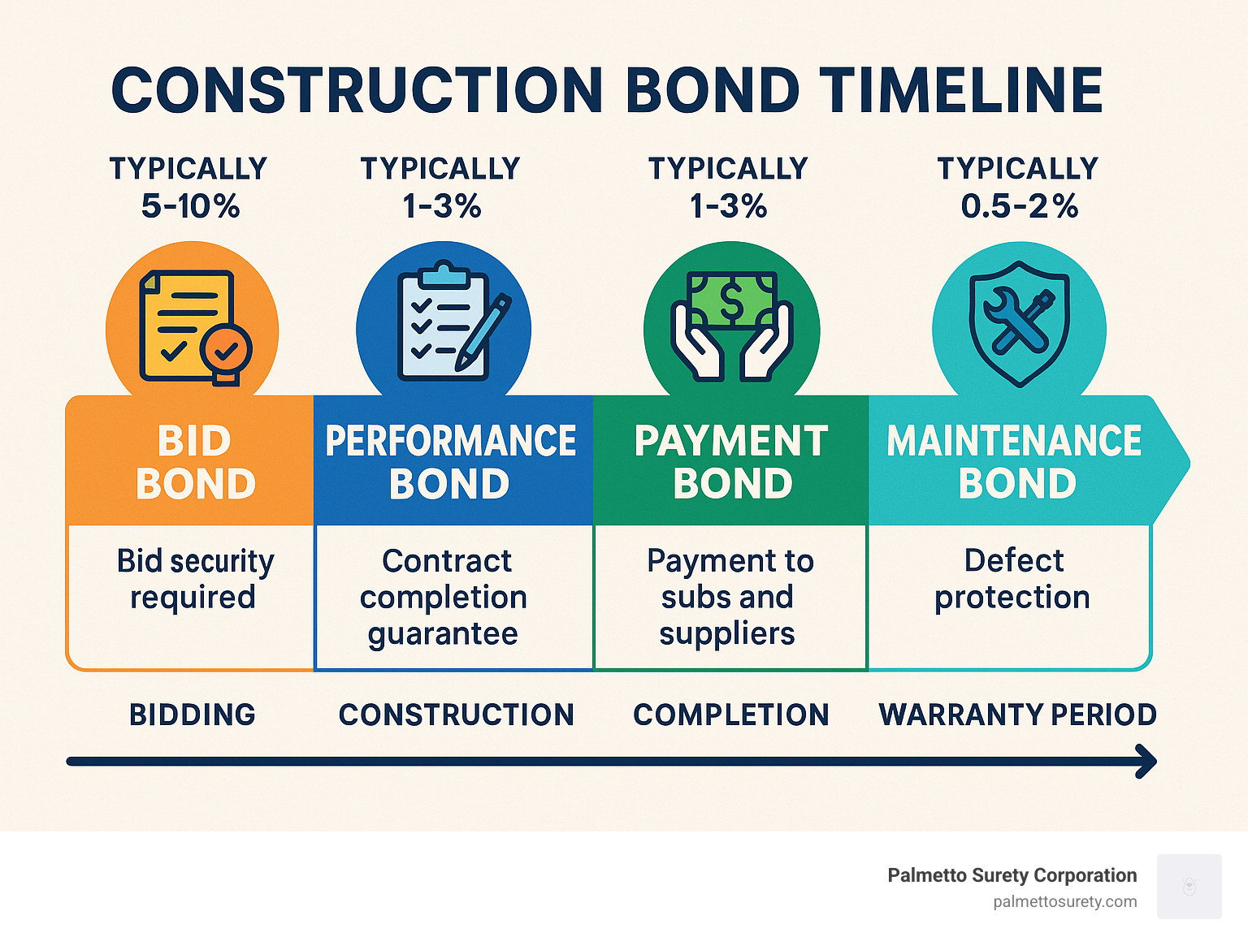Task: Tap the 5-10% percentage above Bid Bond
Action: [190, 206]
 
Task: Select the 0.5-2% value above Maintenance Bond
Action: [1019, 206]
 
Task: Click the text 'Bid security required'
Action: [195, 579]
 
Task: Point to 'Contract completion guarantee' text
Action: [444, 597]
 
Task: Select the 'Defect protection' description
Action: [1012, 579]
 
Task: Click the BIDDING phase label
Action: [193, 715]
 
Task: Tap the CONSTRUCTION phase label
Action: [456, 715]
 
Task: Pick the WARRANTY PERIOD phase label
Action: [1017, 715]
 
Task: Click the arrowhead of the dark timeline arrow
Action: [1147, 762]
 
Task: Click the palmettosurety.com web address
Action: [1064, 902]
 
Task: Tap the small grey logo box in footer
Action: [1189, 886]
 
